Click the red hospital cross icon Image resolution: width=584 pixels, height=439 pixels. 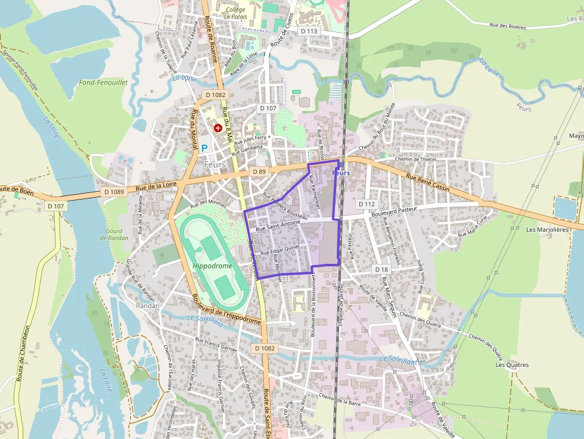tap(218, 127)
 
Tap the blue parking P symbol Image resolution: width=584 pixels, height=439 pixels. tap(204, 147)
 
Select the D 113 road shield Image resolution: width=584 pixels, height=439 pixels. tap(309, 31)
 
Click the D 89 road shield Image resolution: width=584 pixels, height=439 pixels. tap(258, 172)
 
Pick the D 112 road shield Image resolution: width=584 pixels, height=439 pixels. tap(366, 204)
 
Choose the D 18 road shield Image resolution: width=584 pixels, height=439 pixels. tap(381, 269)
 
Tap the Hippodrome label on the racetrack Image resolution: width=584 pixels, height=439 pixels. tap(212, 266)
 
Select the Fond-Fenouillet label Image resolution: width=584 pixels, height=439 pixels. tap(103, 83)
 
